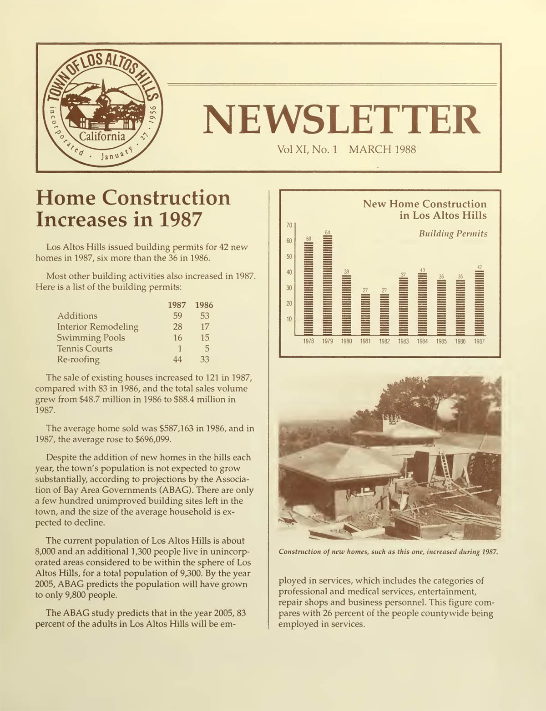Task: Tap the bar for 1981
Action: [x=365, y=314]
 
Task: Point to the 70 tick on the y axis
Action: [x=289, y=225]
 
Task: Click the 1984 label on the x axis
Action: [x=422, y=341]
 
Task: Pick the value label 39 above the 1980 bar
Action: [x=346, y=271]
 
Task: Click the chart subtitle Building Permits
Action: [x=453, y=234]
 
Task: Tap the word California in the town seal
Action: [x=102, y=136]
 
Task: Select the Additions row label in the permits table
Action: [x=77, y=315]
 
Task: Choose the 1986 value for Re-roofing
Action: [x=204, y=359]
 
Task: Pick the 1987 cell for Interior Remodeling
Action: [x=177, y=326]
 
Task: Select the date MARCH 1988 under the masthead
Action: [x=382, y=149]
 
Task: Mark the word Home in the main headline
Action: [x=65, y=198]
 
